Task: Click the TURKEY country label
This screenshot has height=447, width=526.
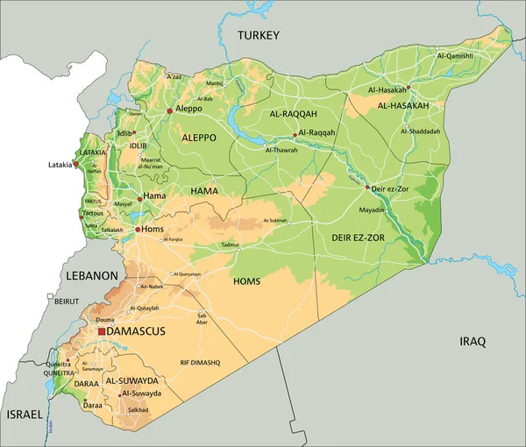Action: (x=259, y=35)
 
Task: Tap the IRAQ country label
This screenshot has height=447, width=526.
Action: (x=473, y=341)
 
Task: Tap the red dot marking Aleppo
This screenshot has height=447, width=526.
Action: (x=169, y=110)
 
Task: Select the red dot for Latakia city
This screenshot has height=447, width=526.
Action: (x=76, y=164)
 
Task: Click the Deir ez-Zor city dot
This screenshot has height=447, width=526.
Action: (x=366, y=187)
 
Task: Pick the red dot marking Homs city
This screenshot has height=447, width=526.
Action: (x=138, y=230)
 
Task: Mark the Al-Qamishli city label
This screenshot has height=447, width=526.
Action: (x=454, y=55)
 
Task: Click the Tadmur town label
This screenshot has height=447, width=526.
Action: (x=230, y=245)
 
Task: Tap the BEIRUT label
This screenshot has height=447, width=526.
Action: (x=67, y=301)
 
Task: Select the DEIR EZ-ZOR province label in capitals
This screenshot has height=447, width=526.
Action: (x=358, y=238)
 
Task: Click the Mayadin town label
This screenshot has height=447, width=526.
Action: (x=373, y=210)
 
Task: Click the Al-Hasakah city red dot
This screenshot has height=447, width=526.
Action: (x=409, y=88)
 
